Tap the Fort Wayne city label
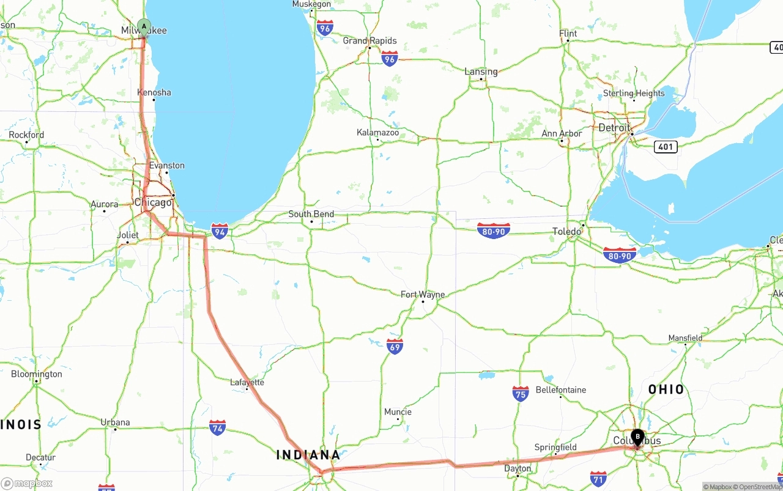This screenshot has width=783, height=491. coord(423,295)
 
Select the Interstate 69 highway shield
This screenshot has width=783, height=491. coord(395,347)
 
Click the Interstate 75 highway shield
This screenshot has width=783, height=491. coord(521,393)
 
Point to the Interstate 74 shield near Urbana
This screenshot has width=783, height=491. coord(217,427)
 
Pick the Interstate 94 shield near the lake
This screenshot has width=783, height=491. coord(220,231)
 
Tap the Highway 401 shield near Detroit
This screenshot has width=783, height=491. coord(665,147)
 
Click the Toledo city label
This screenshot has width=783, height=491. coord(566,232)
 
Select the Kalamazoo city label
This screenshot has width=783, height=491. coord(377,133)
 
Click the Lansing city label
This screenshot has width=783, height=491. coord(481,72)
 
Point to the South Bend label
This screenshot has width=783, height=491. coord(311,214)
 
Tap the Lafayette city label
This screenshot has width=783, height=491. coord(247,383)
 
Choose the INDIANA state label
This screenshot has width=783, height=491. coord(308,455)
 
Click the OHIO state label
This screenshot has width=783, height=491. coord(666,389)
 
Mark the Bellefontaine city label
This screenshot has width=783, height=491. coord(560,390)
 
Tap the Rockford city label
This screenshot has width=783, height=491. coord(26,135)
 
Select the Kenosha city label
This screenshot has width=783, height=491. coord(154,92)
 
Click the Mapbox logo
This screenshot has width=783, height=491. coord(27,484)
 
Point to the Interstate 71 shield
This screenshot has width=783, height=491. coord(598,478)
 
